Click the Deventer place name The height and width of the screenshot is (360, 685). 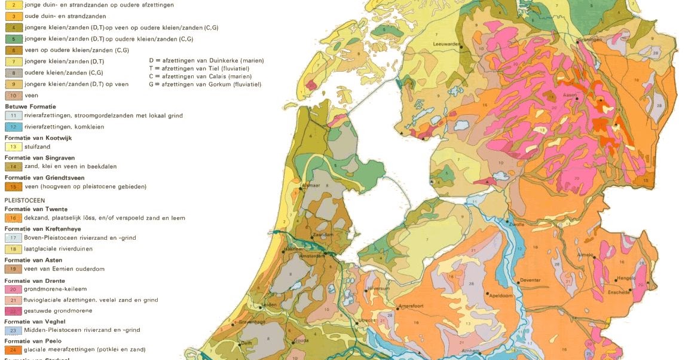[530, 280]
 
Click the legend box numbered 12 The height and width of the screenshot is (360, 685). [13, 127]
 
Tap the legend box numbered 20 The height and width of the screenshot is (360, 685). [13, 289]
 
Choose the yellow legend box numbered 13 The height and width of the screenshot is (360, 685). [13, 147]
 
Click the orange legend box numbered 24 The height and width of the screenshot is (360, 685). [13, 350]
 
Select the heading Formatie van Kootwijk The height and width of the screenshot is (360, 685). [38, 138]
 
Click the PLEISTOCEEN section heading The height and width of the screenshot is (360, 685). [25, 200]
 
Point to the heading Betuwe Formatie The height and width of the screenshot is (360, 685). [30, 106]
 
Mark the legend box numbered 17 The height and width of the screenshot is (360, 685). [13, 238]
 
